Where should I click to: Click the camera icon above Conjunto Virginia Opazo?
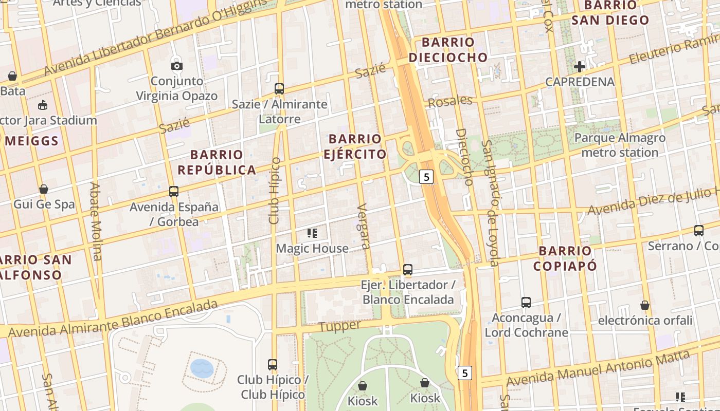click(176, 66)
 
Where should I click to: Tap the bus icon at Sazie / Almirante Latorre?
click(279, 88)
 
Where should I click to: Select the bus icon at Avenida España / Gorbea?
click(174, 192)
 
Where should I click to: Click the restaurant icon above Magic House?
click(312, 233)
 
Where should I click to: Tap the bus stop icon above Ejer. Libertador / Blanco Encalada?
click(408, 269)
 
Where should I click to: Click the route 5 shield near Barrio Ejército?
click(426, 177)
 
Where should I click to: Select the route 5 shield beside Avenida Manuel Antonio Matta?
click(464, 372)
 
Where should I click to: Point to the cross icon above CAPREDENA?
click(580, 66)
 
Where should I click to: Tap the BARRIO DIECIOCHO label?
click(448, 50)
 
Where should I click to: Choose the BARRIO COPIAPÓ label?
click(565, 258)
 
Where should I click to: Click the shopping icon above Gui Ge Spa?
click(44, 189)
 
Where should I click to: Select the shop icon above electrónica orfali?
click(645, 305)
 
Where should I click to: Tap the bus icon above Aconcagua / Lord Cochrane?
click(526, 302)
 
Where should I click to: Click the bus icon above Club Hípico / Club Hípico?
click(273, 365)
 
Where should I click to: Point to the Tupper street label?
click(339, 326)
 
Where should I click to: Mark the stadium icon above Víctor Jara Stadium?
click(43, 105)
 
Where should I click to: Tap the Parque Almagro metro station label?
click(620, 145)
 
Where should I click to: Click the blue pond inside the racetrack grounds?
click(202, 368)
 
